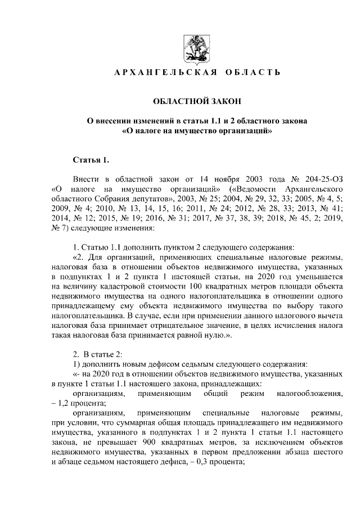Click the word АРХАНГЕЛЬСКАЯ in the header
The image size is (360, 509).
pyautogui.click(x=156, y=73)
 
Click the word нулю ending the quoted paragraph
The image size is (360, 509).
pyautogui.click(x=214, y=336)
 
